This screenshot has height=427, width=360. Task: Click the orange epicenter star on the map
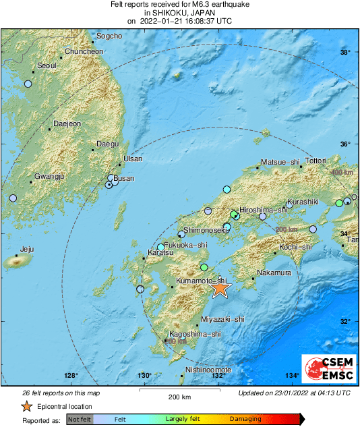(220, 288)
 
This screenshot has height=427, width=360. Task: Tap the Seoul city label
(47, 65)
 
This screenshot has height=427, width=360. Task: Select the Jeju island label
(27, 249)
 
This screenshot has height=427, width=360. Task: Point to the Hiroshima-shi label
(264, 210)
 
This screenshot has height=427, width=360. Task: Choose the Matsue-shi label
(280, 162)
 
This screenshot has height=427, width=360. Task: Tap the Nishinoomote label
(208, 370)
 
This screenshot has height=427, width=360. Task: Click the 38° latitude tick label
(345, 53)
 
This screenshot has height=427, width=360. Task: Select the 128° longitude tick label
(71, 376)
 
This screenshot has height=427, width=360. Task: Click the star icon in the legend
(26, 406)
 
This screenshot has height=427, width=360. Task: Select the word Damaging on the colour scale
(245, 420)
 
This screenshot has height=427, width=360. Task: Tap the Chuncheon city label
(84, 51)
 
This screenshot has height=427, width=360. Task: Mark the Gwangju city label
(49, 176)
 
